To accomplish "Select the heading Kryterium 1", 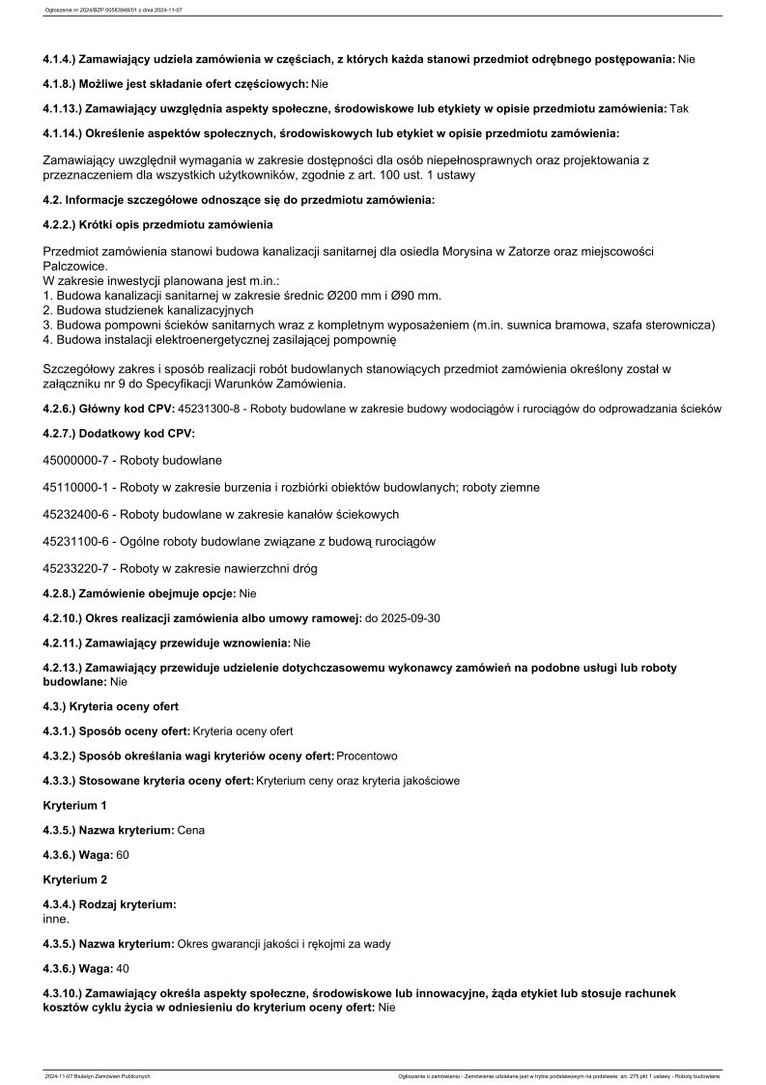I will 75,805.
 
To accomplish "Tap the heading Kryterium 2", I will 75,880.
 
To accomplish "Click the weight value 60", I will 123,855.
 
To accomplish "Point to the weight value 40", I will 123,968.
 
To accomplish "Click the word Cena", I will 191,830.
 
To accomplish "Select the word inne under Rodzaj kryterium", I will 56,919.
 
